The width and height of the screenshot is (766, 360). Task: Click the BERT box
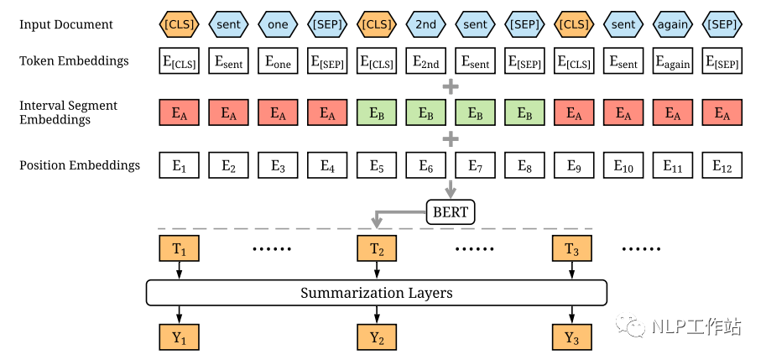[451, 212]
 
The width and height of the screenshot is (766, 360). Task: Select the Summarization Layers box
[376, 293]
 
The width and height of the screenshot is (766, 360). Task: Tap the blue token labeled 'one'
[278, 24]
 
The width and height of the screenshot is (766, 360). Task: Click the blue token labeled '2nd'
[426, 24]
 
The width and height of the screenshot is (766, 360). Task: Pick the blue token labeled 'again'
[674, 24]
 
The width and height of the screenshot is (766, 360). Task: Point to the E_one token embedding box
[278, 60]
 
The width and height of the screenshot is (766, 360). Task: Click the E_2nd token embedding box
[426, 60]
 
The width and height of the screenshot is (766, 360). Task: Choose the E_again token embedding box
[674, 60]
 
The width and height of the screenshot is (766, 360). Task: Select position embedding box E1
[179, 166]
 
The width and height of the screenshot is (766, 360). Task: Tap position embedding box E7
[476, 166]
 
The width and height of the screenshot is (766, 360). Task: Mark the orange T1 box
[179, 249]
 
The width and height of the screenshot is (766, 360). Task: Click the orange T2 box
[377, 249]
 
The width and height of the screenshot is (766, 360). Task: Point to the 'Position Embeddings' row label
[79, 165]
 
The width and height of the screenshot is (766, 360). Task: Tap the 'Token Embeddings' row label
[74, 60]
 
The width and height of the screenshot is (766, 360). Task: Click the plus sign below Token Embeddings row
[451, 86]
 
